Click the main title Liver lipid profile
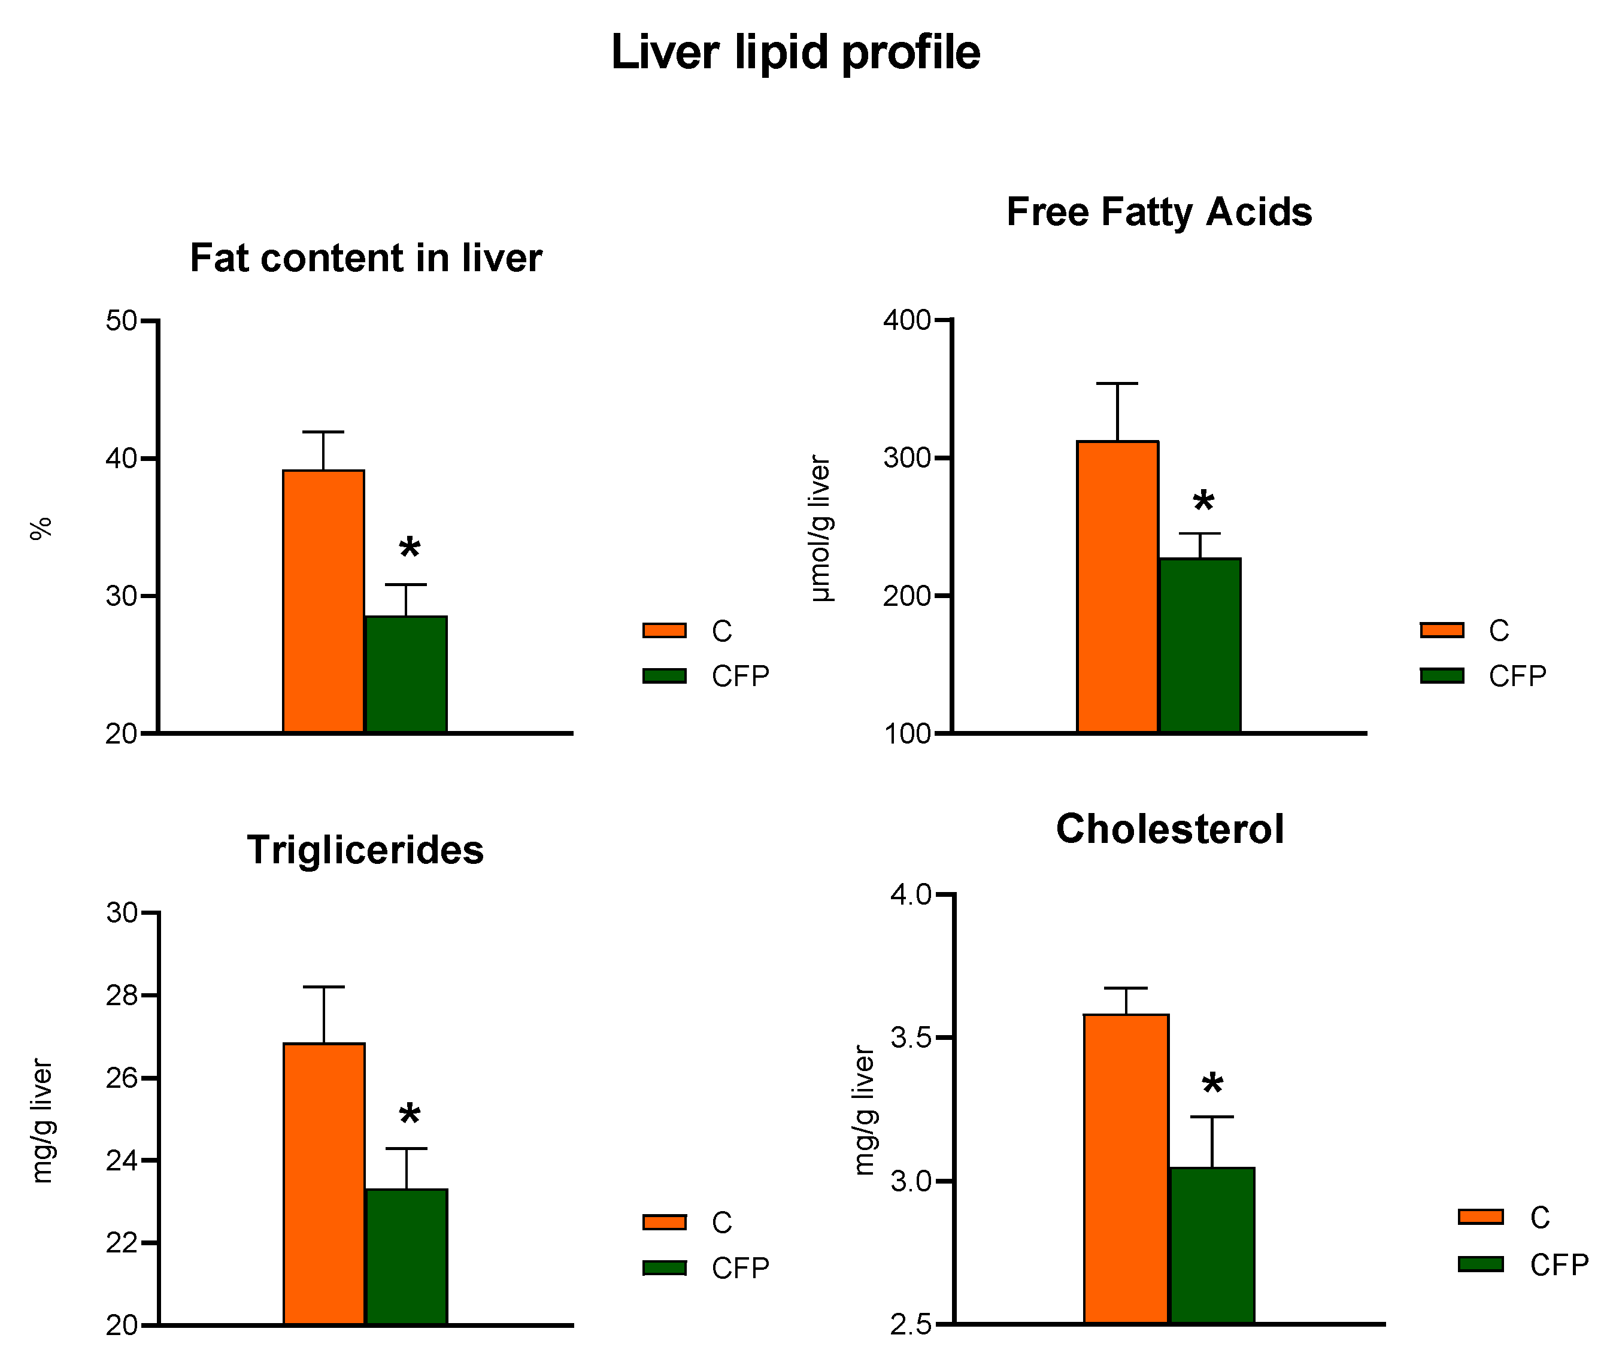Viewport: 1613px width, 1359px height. pos(795,53)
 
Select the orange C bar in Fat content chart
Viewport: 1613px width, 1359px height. pos(323,601)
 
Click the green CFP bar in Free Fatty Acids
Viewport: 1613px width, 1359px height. pos(1199,645)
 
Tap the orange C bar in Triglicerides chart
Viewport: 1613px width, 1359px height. pos(325,1184)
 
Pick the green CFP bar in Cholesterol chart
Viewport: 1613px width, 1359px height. pos(1212,1246)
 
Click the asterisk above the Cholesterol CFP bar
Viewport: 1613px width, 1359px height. pos(1212,1084)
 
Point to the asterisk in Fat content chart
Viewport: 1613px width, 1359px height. pos(410,548)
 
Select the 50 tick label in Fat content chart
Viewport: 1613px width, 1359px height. pos(122,320)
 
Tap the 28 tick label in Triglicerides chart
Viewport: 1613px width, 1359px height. pos(122,996)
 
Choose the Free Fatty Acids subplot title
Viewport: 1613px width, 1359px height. pos(1159,212)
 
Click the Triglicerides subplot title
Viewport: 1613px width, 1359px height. pos(365,850)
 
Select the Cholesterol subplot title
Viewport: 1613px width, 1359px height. pos(1169,829)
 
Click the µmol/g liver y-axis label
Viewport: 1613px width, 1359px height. pos(820,529)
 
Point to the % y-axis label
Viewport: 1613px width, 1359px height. pos(41,529)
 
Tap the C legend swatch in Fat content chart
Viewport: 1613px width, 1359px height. pos(664,630)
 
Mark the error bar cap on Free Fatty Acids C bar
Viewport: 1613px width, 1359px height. pos(1117,383)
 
